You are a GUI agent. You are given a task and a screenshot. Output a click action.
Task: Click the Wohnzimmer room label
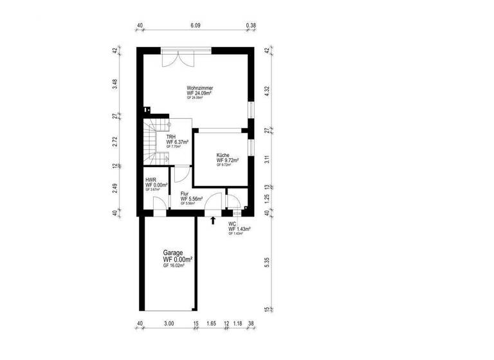pos(200,88)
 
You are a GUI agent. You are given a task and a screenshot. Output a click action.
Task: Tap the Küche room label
pos(223,156)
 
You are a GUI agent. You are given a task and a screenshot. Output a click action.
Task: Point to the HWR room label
pos(152,180)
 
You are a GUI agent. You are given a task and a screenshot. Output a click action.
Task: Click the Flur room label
pos(185,194)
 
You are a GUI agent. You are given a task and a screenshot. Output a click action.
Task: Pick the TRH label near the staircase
pos(172,137)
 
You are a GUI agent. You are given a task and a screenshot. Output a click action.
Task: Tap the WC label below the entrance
pos(232,224)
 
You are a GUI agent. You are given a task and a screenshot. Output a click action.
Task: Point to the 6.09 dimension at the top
pos(195,26)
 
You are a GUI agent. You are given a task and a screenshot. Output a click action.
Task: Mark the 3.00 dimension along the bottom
pos(168,325)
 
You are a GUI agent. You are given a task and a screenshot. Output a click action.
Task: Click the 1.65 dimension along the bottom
pos(212,325)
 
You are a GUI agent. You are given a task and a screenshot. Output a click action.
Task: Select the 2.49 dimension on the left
pos(114,189)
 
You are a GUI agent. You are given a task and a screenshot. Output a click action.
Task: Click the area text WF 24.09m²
pos(200,93)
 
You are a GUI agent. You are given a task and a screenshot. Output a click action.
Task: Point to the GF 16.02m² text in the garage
pos(174,265)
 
